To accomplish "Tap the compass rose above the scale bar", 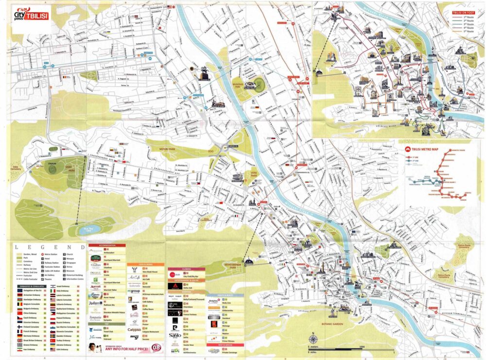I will pyautogui.click(x=313, y=339).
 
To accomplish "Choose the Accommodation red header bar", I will pyautogui.click(x=107, y=245).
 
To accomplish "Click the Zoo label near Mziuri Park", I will pyautogui.click(x=211, y=152).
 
